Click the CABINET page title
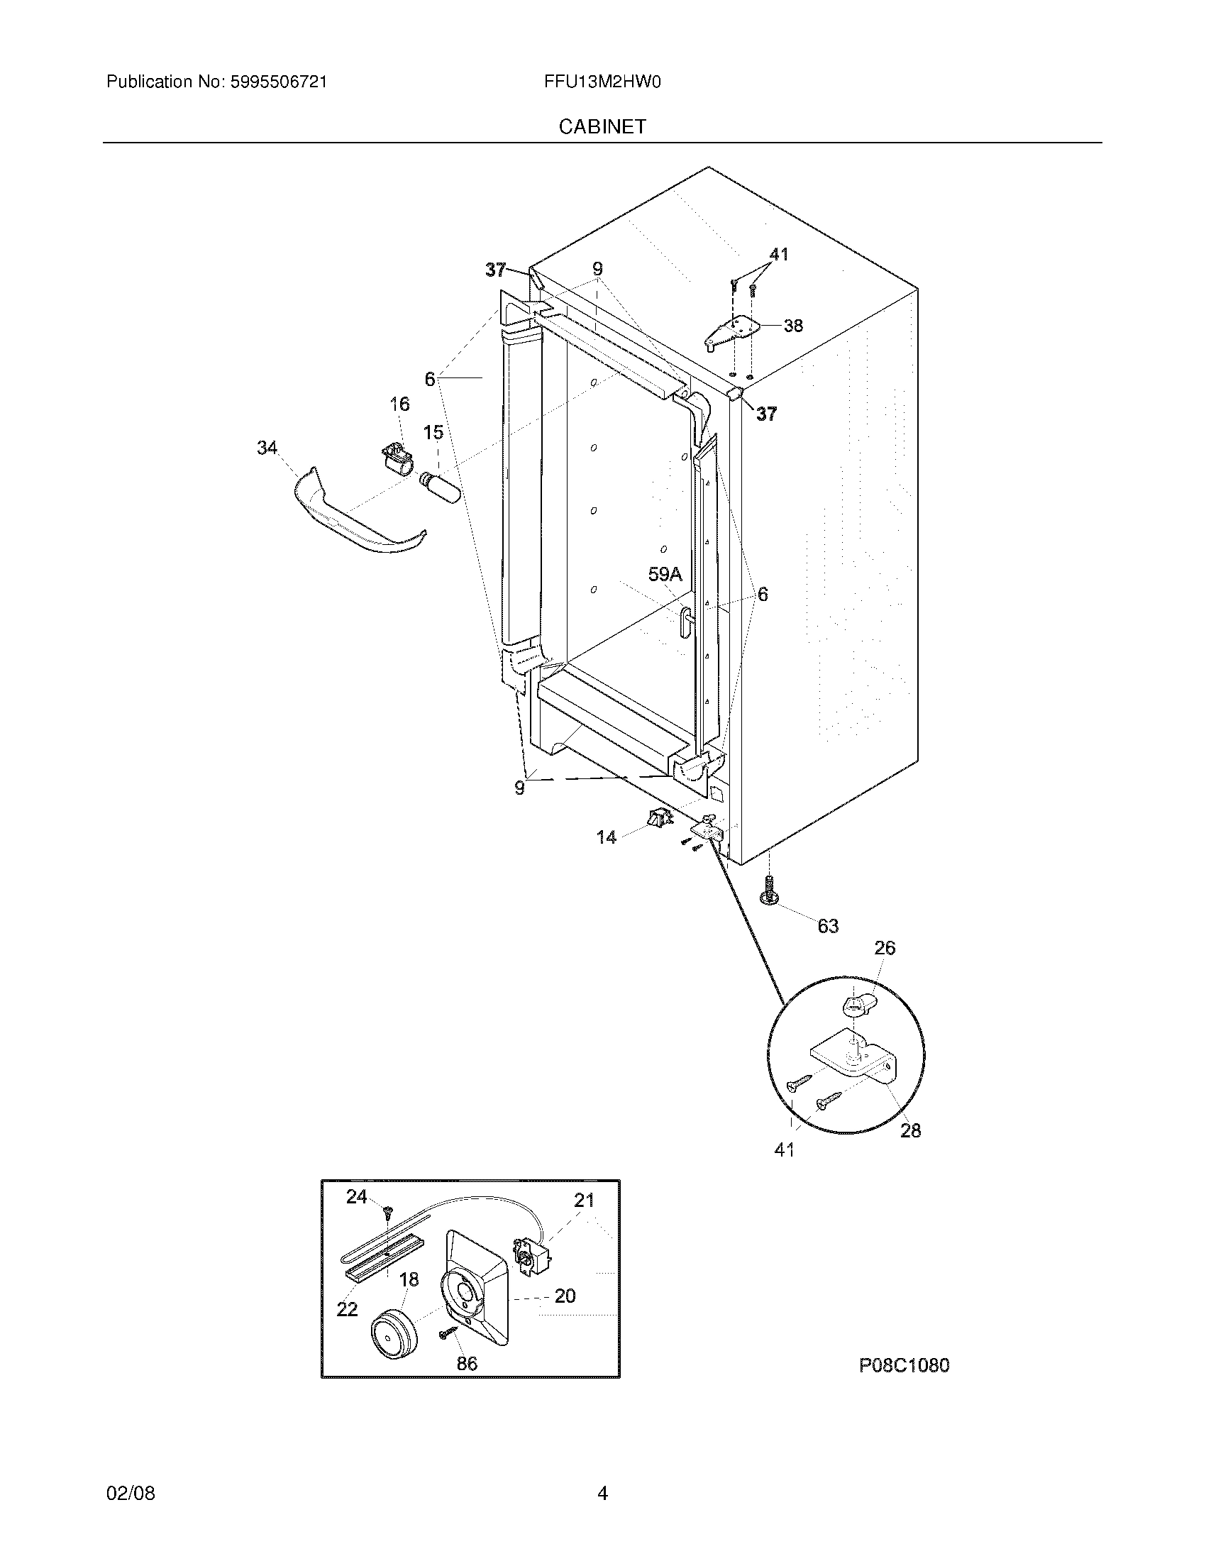point(602,126)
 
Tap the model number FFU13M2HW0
point(602,82)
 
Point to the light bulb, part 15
point(441,489)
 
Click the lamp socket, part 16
point(397,458)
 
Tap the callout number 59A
point(665,574)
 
